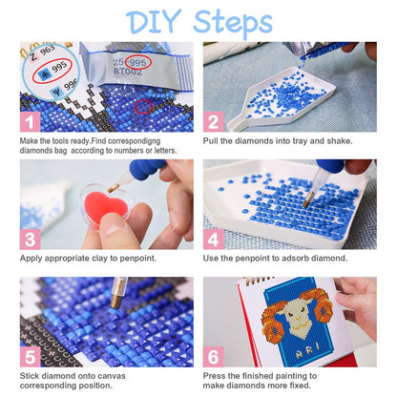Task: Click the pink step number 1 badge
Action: point(31,121)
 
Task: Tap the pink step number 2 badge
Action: point(214,121)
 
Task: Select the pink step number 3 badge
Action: point(31,239)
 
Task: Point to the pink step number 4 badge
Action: point(214,239)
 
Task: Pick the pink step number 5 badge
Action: point(31,357)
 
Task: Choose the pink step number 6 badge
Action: point(214,357)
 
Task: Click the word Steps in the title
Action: point(233,22)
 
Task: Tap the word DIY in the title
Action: point(154,21)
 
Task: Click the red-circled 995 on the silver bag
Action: point(137,62)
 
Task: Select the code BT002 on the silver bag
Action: point(128,72)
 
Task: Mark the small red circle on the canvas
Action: point(143,107)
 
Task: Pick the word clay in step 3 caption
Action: point(100,259)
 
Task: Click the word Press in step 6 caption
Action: point(215,376)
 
